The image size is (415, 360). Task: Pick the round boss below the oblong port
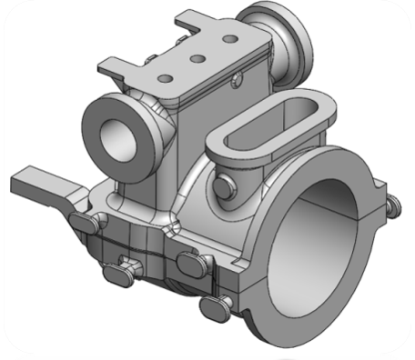(x=228, y=185)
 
